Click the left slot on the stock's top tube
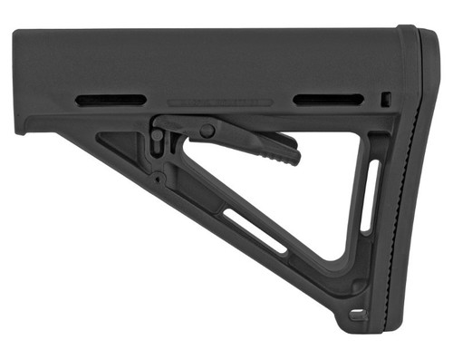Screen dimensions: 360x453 pos(111,100)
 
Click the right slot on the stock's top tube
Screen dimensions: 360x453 pos(329,100)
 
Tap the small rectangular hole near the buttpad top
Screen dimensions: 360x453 pos(386,99)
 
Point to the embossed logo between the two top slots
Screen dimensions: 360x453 pos(221,103)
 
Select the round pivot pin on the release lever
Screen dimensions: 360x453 pos(207,131)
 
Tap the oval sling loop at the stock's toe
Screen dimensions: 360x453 pos(358,315)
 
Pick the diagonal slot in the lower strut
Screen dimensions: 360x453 pos(258,231)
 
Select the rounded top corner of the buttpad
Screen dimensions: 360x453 pos(419,38)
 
